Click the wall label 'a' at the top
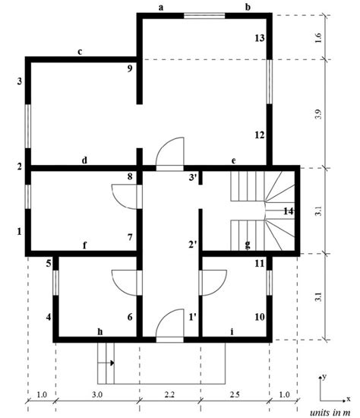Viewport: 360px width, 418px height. coord(161,7)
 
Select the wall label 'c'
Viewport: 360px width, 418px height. coord(80,52)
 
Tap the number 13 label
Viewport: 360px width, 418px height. coord(259,38)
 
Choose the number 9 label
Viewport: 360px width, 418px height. coord(130,69)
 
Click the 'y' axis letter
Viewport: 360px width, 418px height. coord(325,376)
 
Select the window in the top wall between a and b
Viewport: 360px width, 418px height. coord(204,14)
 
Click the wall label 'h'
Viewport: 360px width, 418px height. coord(99,331)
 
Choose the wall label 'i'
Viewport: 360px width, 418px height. coord(231,331)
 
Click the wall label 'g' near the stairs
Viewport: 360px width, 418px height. coord(248,244)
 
